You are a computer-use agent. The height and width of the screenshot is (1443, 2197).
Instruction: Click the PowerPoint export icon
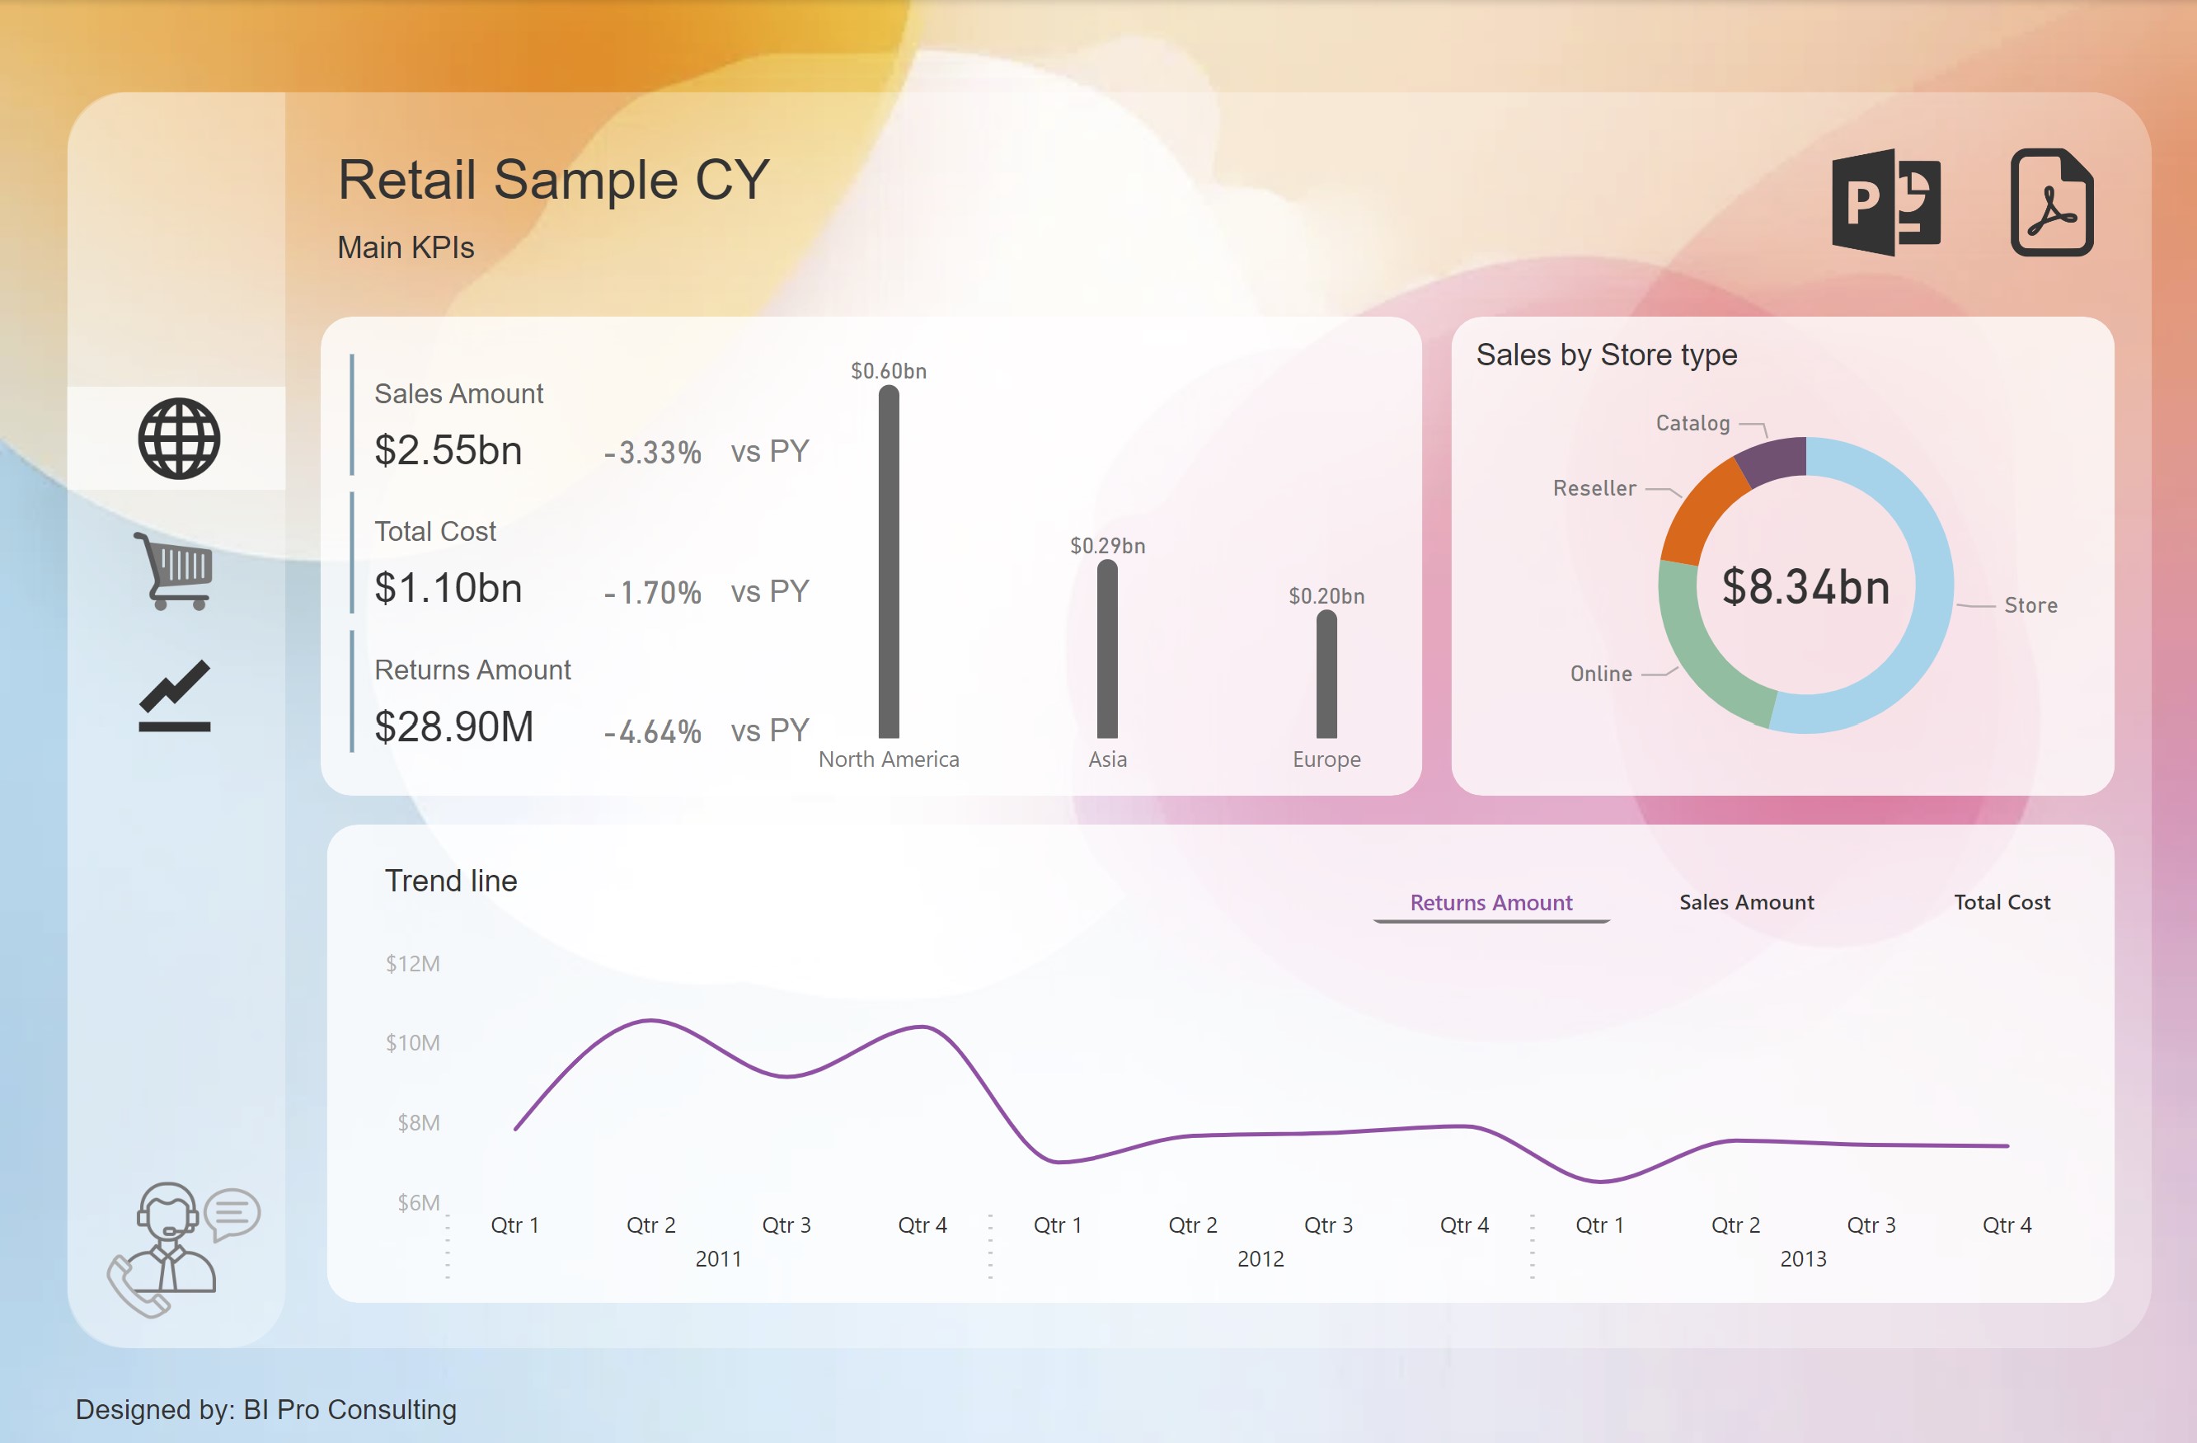(x=1886, y=201)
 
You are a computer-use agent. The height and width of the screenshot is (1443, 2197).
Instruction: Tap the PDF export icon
(x=2051, y=201)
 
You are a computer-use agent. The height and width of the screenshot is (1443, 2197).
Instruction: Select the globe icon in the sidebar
(x=179, y=439)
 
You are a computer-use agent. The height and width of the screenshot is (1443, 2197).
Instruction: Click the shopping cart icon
(x=174, y=571)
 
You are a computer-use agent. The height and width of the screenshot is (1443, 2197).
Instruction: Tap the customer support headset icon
(x=184, y=1249)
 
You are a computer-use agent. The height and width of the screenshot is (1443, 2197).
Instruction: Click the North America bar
(x=889, y=562)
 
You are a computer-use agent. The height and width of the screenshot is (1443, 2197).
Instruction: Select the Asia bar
(x=1108, y=649)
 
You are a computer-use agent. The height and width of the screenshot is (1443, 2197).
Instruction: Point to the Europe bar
(x=1326, y=674)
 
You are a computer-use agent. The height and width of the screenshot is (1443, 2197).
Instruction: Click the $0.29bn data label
(x=1108, y=546)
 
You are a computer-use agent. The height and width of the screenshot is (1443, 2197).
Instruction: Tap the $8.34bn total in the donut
(x=1805, y=586)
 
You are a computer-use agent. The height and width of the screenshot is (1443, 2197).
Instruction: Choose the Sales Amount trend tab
(x=1747, y=902)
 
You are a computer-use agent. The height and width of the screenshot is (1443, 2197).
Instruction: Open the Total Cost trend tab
(x=2002, y=902)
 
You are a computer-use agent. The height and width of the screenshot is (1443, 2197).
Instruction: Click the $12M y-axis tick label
(x=413, y=964)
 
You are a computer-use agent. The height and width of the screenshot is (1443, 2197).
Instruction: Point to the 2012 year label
(x=1261, y=1258)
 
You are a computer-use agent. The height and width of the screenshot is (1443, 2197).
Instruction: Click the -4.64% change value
(x=653, y=732)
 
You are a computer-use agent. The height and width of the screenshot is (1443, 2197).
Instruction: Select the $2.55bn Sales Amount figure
(x=448, y=450)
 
